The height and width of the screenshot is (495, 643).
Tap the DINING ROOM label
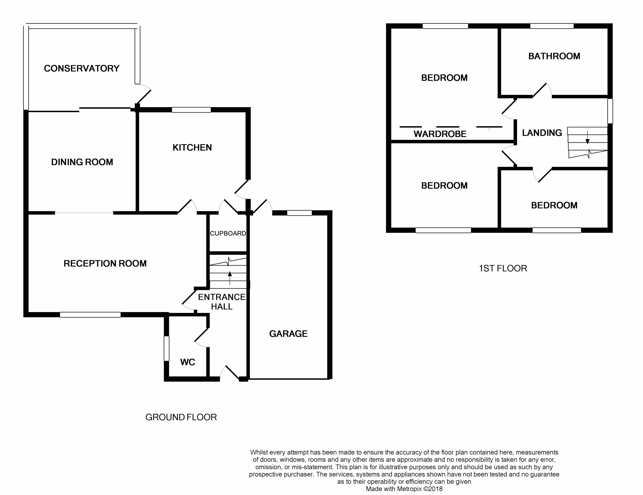82,162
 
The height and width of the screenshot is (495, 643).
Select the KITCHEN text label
192,147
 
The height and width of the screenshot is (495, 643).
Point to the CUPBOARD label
228,233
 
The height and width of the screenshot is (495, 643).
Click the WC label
188,362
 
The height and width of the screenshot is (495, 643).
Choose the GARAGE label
288,334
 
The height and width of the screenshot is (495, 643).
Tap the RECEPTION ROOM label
105,263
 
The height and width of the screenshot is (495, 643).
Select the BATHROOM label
554,56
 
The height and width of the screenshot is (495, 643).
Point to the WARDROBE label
440,134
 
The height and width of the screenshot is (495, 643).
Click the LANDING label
542,133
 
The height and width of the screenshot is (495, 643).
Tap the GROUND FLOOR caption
181,417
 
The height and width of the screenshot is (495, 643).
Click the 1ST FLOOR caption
503,268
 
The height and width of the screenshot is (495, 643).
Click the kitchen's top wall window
191,110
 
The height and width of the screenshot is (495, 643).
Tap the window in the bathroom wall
552,26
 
